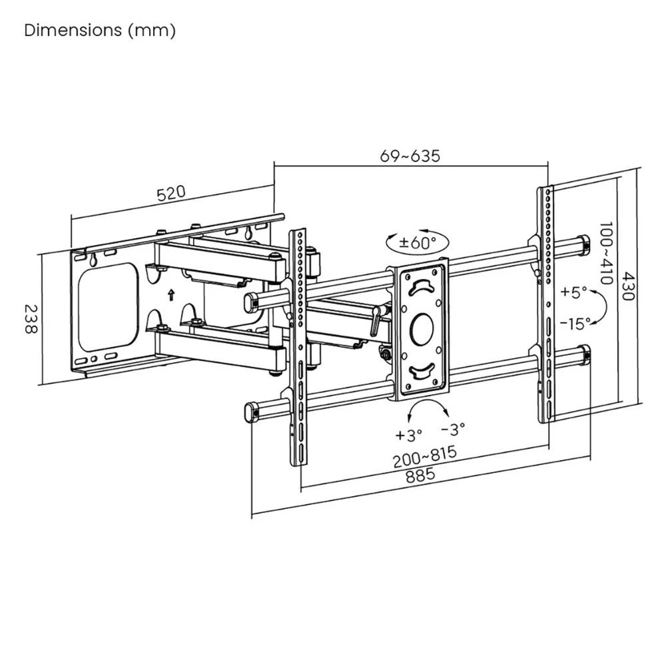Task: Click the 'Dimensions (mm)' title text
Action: [x=100, y=31]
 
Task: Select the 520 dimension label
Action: [x=170, y=194]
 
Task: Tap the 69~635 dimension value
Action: [x=410, y=157]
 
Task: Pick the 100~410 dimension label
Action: [x=605, y=254]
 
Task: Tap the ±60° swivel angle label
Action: [x=418, y=242]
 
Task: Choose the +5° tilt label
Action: [x=573, y=292]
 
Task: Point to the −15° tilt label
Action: [x=575, y=324]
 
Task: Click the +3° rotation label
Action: [x=409, y=435]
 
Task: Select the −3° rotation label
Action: [x=454, y=428]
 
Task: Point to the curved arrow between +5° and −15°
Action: [x=600, y=308]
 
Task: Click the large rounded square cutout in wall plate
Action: [x=108, y=305]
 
